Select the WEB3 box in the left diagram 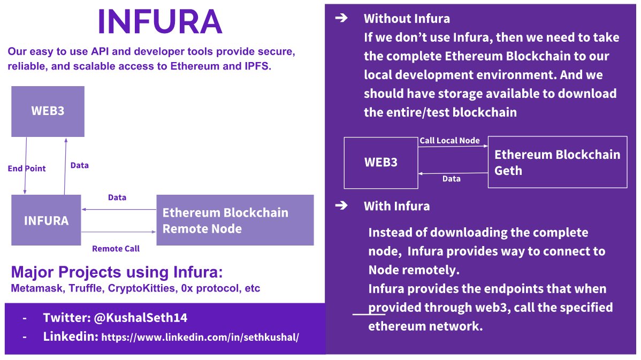click(48, 111)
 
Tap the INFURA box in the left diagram click(46, 220)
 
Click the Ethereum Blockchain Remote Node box click(234, 220)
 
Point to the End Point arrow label click(27, 168)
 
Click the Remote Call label click(116, 249)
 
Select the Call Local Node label click(449, 141)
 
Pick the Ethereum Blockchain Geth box click(557, 162)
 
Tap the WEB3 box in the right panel click(380, 162)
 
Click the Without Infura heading click(407, 19)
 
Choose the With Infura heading click(396, 206)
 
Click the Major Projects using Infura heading click(117, 272)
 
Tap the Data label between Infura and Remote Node click(117, 197)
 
